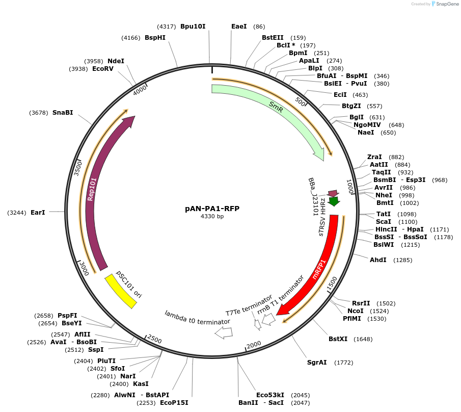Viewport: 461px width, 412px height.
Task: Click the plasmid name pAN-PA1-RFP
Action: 212,209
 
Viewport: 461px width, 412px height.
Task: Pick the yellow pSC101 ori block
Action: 121,291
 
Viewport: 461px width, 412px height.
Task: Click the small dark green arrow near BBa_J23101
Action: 334,201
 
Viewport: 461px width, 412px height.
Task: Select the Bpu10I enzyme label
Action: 193,26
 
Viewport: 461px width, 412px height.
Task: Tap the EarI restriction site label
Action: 38,212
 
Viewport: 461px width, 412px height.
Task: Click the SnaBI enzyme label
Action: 63,113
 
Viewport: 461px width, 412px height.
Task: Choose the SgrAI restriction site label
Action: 317,363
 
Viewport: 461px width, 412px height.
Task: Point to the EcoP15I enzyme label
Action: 174,402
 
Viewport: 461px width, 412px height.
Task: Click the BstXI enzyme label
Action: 338,339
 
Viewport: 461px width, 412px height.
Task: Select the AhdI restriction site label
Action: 378,260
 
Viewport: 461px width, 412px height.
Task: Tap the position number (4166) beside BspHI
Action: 131,38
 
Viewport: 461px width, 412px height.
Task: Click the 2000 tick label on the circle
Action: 254,345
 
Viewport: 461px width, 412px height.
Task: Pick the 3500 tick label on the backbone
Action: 78,168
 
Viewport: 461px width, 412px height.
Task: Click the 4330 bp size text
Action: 212,217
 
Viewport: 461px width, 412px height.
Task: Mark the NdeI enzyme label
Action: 116,61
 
